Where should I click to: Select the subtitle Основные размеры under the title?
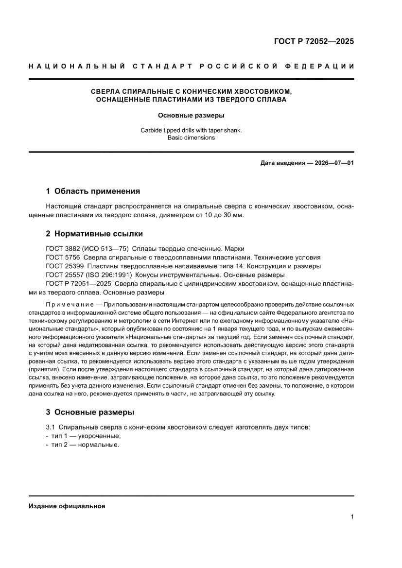coord(191,116)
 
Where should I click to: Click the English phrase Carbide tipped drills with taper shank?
coord(191,130)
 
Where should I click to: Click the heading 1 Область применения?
coord(93,191)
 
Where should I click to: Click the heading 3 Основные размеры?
coord(90,412)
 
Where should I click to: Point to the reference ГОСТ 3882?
coord(65,249)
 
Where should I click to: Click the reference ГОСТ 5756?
coord(65,258)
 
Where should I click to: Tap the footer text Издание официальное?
coord(67,506)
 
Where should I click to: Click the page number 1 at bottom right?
coord(352,517)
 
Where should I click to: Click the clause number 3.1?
coord(51,427)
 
